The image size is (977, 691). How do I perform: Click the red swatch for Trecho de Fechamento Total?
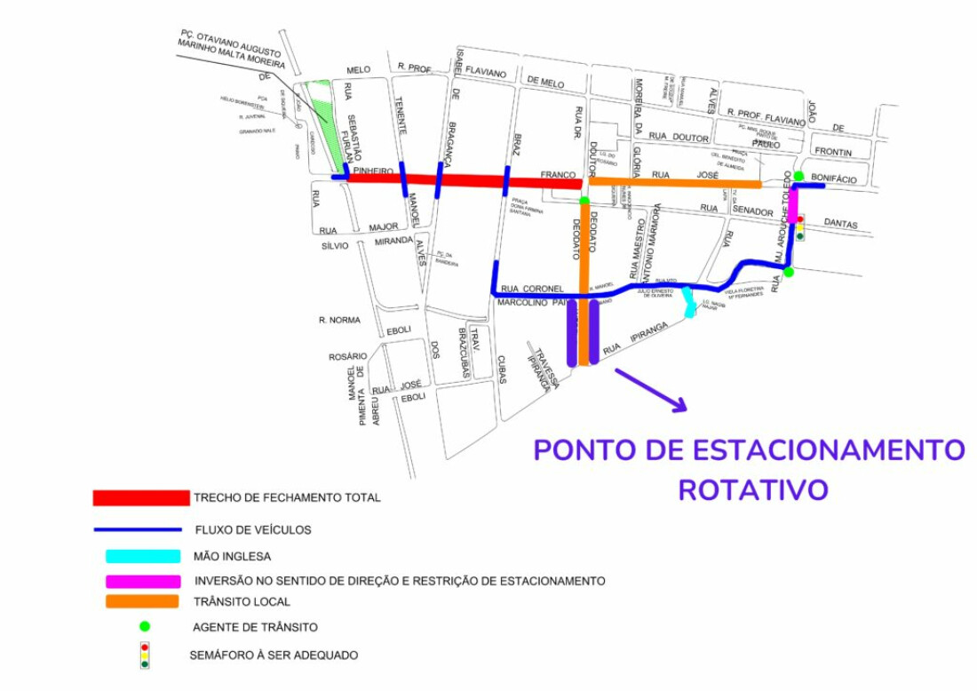(141, 497)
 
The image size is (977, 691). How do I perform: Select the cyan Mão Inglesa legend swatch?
(142, 557)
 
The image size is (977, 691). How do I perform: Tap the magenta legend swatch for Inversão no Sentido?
(142, 581)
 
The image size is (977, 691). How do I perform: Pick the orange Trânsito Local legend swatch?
(142, 601)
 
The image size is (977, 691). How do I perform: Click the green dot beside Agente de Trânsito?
(145, 626)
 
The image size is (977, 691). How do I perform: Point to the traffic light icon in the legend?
(145, 655)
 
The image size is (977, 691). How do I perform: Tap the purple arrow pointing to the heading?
(651, 390)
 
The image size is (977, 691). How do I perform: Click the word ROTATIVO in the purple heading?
(753, 489)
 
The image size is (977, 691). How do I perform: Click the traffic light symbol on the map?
(799, 227)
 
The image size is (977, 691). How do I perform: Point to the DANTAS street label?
(840, 225)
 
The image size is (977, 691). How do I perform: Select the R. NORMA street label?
(339, 320)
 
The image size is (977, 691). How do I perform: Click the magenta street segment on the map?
(793, 205)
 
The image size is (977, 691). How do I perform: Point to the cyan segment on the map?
(688, 302)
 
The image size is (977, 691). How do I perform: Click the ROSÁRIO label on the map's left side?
(347, 357)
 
